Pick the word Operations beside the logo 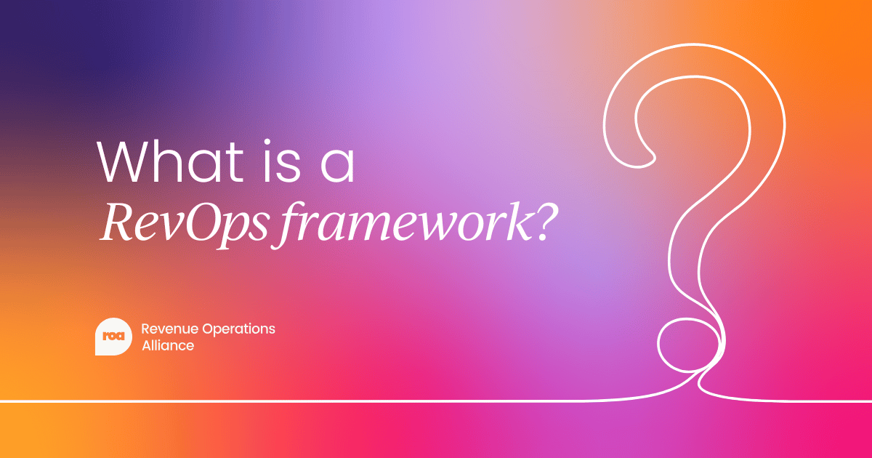coord(238,329)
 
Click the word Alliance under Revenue coord(168,346)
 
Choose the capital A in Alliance coord(146,346)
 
